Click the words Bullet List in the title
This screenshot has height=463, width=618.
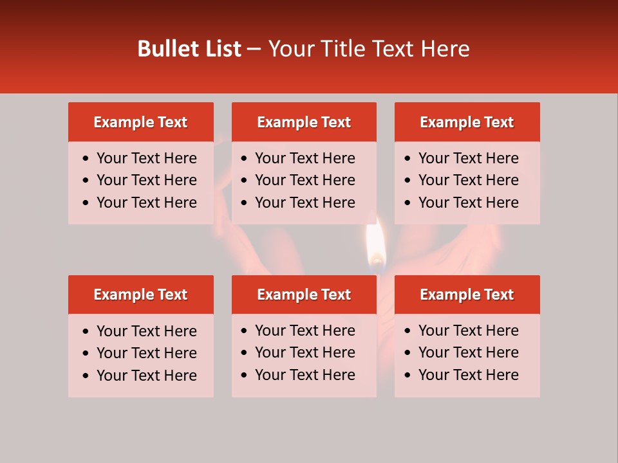point(189,49)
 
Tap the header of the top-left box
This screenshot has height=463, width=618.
point(140,122)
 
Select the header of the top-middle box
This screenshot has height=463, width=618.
point(304,122)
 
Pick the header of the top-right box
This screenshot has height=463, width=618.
point(467,122)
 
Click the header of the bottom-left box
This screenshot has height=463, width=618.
point(140,295)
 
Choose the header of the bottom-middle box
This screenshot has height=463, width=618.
point(304,295)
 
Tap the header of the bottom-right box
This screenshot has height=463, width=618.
point(467,295)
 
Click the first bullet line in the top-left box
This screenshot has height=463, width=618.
point(146,158)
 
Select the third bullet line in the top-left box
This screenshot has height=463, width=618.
point(146,203)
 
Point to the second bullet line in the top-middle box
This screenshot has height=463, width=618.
point(304,180)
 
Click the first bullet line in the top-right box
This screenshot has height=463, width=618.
point(468,158)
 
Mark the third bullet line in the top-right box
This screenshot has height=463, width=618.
point(468,203)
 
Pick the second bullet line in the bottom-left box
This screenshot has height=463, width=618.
point(146,353)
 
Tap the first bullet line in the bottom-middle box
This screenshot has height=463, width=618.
point(304,331)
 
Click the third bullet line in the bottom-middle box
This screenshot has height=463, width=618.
point(304,375)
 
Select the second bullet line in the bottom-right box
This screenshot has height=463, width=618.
point(468,352)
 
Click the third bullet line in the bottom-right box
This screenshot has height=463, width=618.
point(468,375)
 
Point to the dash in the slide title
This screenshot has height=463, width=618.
point(254,49)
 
